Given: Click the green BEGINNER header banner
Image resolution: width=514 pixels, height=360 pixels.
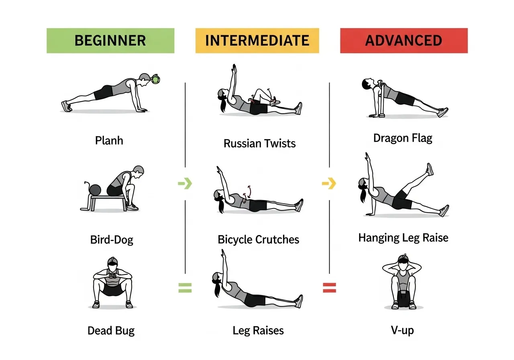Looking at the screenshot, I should tap(110, 41).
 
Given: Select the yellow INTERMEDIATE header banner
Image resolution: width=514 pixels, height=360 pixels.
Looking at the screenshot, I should tap(257, 41).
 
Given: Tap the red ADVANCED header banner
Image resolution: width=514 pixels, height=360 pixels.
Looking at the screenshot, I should tap(404, 41).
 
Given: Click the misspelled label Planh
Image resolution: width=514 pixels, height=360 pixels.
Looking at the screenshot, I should tap(109, 141).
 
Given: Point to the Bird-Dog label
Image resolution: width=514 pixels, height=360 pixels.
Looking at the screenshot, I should tap(112, 240).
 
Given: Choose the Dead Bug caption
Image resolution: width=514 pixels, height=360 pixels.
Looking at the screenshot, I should tap(111, 331).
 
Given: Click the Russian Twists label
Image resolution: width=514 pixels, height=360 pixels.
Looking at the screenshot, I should tap(259, 143).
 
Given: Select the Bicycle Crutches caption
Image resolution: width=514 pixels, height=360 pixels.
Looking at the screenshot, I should tap(258, 240).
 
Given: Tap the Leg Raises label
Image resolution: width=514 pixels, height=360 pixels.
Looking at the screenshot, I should tap(258, 331).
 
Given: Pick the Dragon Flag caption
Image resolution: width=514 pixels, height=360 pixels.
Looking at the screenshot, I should tap(403, 138).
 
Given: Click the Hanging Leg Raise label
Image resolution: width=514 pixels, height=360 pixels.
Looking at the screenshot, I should tap(403, 238).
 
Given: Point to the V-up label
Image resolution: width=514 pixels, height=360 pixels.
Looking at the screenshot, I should tap(402, 331).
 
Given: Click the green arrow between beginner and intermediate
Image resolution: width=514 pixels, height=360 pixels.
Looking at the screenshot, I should tap(185, 184).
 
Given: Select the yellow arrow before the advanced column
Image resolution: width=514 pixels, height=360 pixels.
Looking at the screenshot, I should tap(329, 184).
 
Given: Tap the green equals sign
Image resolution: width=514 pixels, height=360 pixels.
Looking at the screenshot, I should tap(185, 287).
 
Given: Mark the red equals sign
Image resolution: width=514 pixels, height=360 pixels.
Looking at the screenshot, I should tap(329, 287).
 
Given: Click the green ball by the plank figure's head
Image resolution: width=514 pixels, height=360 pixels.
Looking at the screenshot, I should tap(155, 80).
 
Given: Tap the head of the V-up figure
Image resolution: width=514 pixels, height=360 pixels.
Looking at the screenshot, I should tap(403, 260).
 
